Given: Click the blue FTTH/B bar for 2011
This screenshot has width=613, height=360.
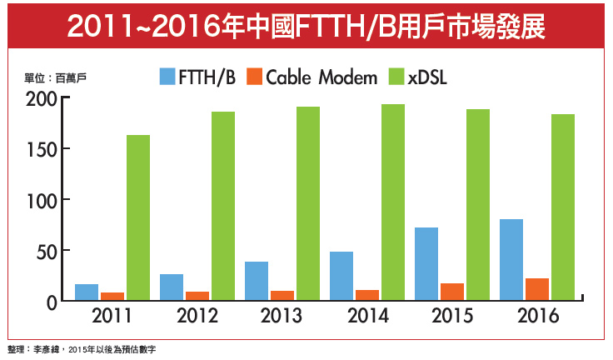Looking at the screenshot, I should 87,292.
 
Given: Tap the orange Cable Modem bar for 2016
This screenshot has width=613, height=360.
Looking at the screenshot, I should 538,289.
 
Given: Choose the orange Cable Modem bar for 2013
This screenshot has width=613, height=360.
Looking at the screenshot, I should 282,295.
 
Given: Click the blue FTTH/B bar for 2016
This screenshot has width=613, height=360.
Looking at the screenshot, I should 511,259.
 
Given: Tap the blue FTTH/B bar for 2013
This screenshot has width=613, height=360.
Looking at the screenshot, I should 257,281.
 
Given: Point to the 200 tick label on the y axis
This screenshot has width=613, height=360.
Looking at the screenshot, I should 42,98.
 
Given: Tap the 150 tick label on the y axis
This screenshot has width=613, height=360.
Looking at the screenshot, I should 42,149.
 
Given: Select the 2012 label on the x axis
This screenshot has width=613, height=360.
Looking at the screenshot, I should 197,317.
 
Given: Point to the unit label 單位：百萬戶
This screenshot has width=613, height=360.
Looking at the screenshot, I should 56,77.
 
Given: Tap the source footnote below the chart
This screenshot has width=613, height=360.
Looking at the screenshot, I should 82,350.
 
